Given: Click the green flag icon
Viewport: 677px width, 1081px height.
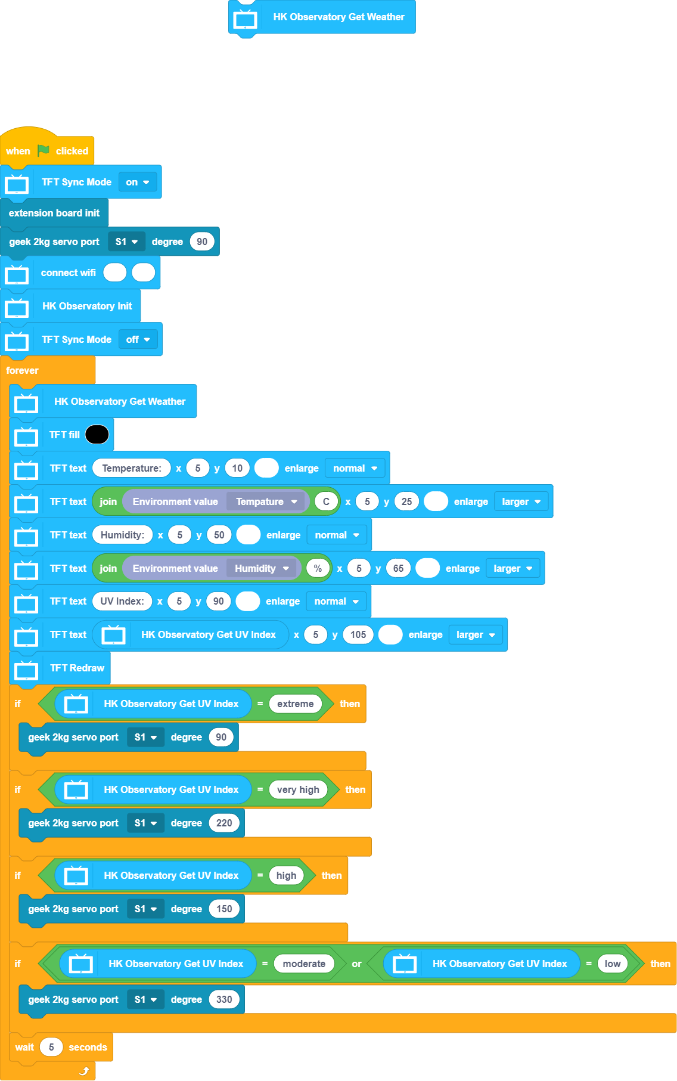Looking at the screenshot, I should tap(43, 151).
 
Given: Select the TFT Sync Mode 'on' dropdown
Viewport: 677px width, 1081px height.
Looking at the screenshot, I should tap(138, 182).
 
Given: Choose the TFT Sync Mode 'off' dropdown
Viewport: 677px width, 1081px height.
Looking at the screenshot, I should tap(138, 339).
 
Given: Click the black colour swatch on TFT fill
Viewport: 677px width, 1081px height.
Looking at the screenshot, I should tap(97, 435).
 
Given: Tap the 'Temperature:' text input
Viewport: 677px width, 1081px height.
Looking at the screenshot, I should tap(132, 468).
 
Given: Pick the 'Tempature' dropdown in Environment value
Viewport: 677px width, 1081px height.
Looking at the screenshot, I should tap(266, 501).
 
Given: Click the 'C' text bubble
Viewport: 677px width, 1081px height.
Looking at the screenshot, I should tap(326, 501).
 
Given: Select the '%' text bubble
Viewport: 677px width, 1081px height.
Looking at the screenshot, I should tap(318, 568).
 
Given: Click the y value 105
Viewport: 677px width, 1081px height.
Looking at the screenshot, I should tap(358, 634).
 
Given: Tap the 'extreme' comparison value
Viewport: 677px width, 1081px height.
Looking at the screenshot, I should tap(295, 704).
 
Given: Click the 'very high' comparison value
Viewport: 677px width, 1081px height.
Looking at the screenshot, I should tap(298, 789).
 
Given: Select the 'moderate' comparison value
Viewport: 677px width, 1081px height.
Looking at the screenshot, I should tap(304, 964).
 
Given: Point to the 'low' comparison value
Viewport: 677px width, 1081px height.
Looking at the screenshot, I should tap(613, 964).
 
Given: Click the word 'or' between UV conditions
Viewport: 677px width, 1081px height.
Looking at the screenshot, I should tap(356, 964).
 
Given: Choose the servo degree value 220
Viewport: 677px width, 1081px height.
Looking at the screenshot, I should tap(224, 823).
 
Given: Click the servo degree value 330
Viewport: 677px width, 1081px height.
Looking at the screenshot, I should tap(224, 999).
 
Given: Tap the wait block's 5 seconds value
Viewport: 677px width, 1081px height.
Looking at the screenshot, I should tap(51, 1047).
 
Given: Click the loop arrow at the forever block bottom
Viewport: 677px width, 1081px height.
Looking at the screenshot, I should tap(84, 1071).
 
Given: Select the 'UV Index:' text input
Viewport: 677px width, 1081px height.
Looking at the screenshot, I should tap(122, 601).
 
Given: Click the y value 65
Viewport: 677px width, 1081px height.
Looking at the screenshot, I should tap(398, 568).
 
